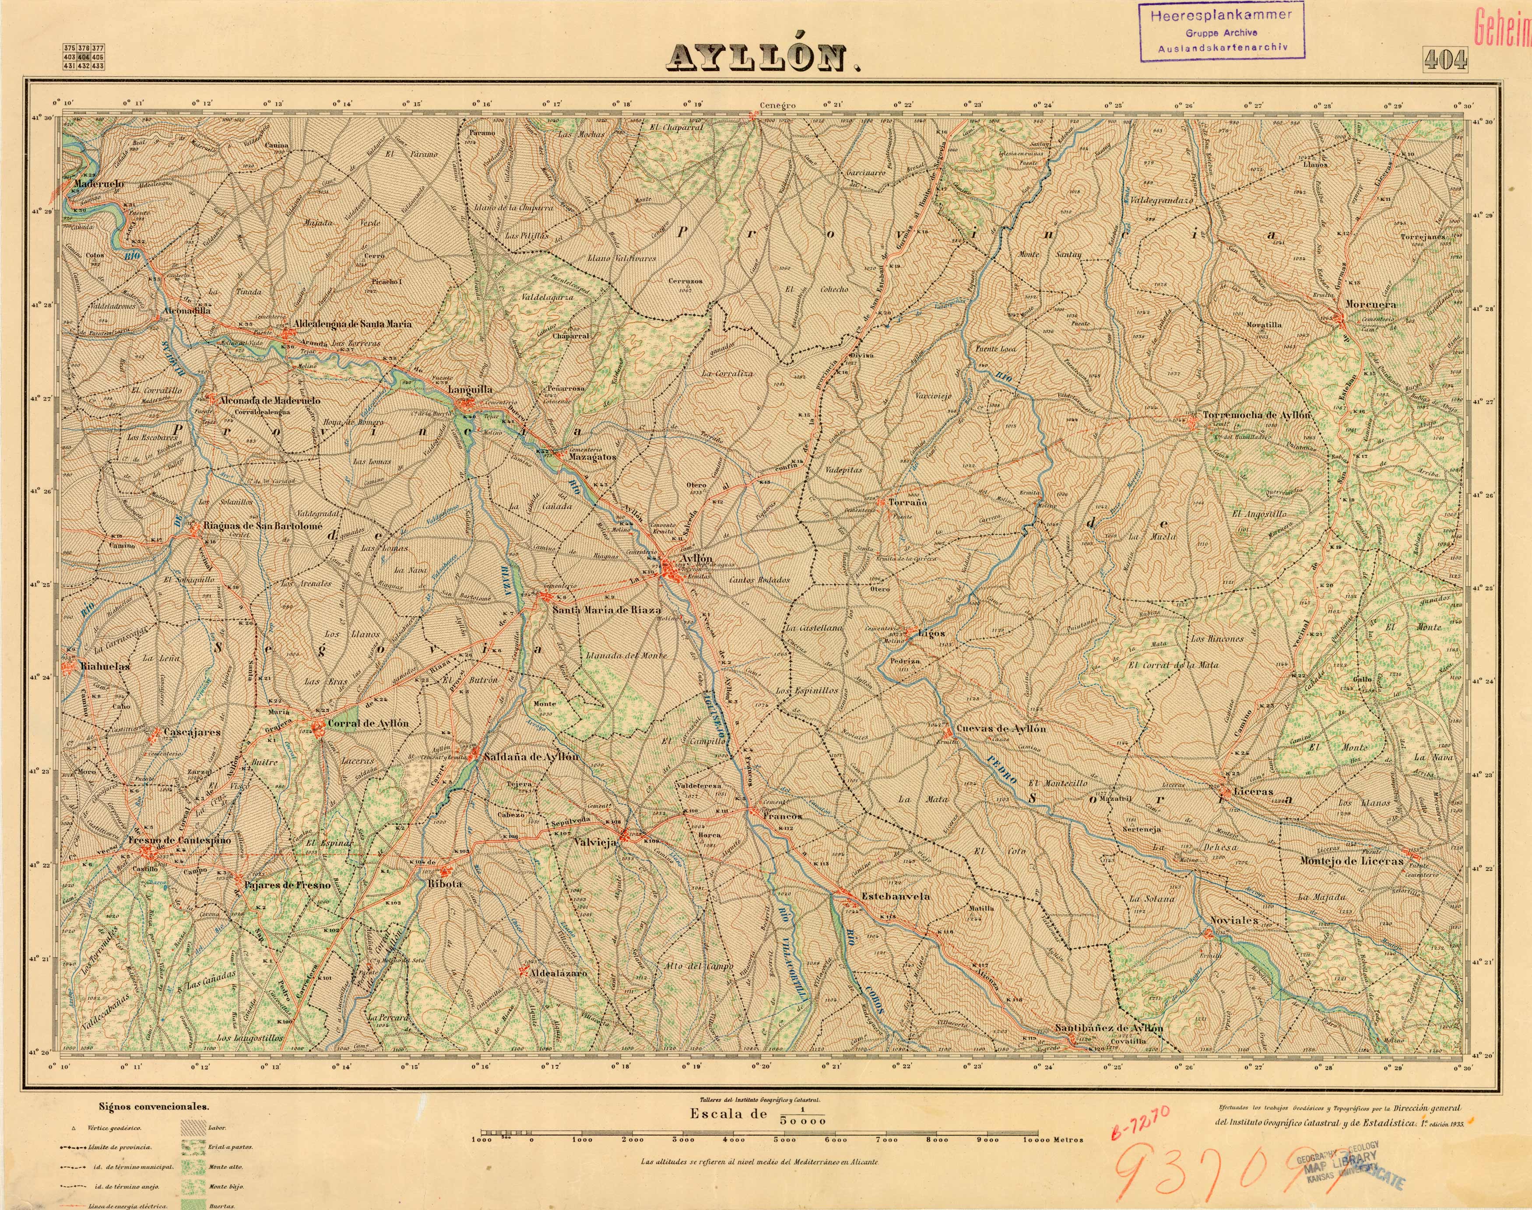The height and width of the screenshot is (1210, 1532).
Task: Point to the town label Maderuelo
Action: (x=98, y=183)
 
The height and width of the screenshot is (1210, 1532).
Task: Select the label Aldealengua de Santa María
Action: (x=352, y=324)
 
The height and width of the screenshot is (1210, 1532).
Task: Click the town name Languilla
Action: (x=470, y=389)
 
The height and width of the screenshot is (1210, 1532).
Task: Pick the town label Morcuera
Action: (x=1370, y=305)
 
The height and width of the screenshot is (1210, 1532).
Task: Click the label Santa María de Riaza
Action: (x=607, y=609)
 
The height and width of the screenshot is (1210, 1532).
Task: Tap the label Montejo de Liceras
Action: (x=1351, y=862)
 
